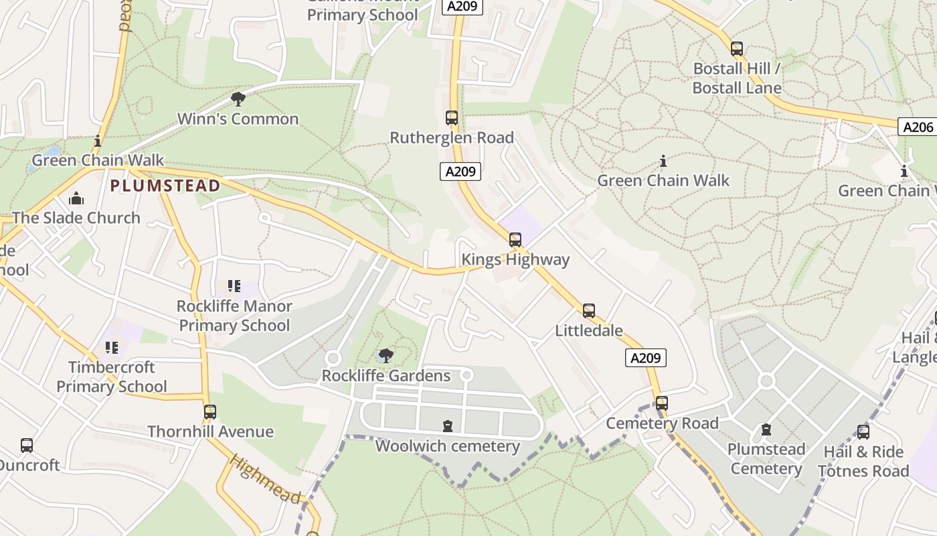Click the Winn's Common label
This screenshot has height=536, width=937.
(x=238, y=119)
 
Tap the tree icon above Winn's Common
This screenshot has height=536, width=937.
(x=238, y=99)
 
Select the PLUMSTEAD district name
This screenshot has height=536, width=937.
(x=165, y=186)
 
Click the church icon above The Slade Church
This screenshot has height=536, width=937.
(x=76, y=198)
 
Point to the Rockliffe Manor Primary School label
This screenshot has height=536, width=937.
(x=234, y=316)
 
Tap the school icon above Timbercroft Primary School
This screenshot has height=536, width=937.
(x=111, y=348)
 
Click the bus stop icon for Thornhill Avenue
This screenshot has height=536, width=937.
(x=210, y=412)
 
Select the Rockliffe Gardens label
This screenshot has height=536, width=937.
(x=386, y=376)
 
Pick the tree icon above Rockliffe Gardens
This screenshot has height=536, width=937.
(x=386, y=356)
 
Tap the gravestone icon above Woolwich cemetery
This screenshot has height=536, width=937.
(x=447, y=426)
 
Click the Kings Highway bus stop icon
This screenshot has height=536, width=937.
(x=515, y=239)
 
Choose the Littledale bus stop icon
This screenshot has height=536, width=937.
(x=589, y=311)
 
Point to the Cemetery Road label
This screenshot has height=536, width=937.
(x=662, y=423)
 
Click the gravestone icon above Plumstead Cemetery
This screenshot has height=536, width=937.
(x=766, y=429)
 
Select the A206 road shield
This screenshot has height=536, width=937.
(x=918, y=127)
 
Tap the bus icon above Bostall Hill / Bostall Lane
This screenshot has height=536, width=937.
(x=737, y=49)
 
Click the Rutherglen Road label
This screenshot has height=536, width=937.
(x=452, y=138)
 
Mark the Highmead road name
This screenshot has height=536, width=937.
(x=265, y=478)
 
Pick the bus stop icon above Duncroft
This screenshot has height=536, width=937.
(x=27, y=446)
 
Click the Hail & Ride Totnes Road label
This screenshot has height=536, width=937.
(x=863, y=462)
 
